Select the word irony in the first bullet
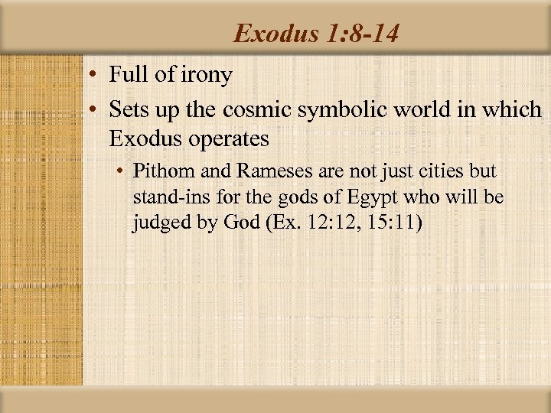pyautogui.click(x=207, y=76)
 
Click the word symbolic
pyautogui.click(x=344, y=109)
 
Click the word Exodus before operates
pyautogui.click(x=145, y=138)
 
